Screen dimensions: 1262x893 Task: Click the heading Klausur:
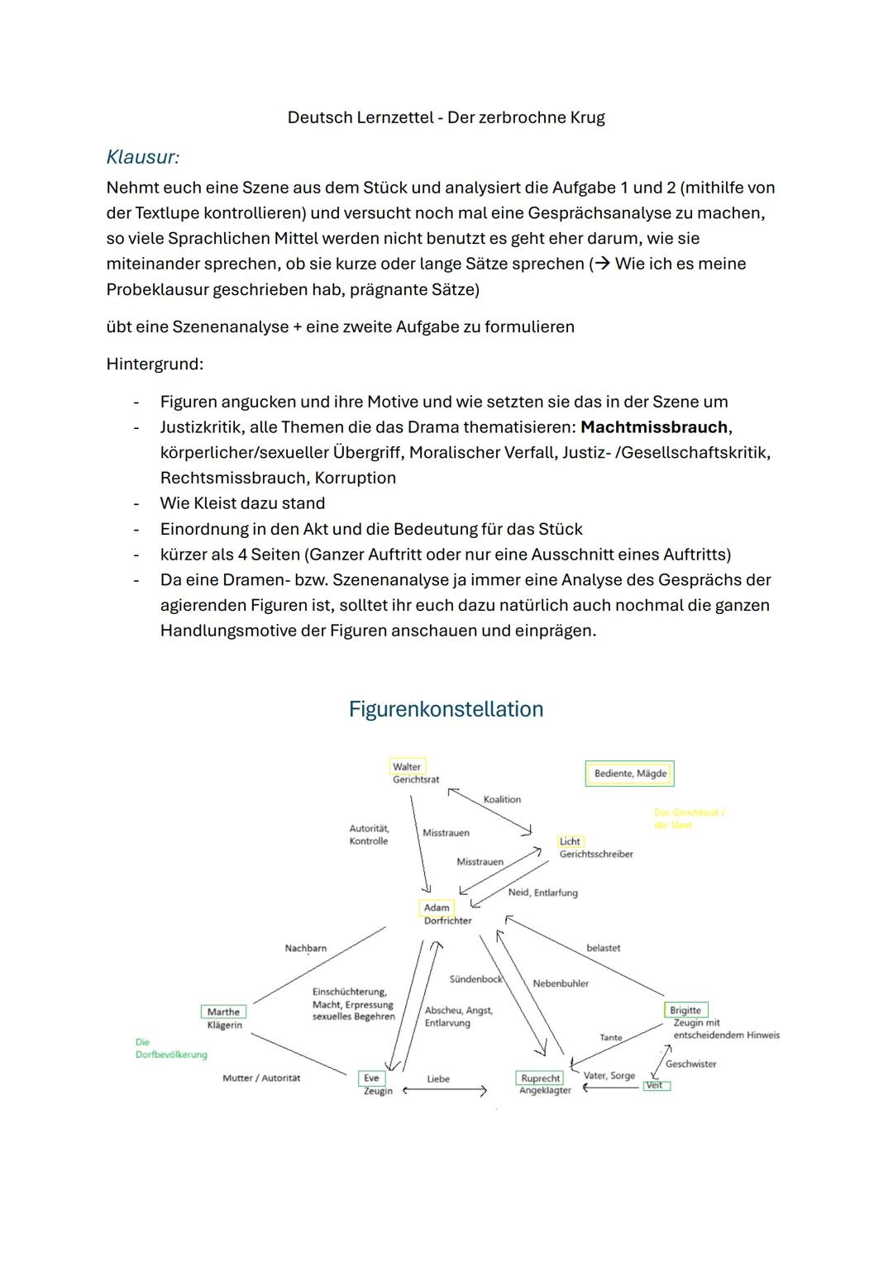[143, 156]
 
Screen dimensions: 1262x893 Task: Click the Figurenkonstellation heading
[446, 709]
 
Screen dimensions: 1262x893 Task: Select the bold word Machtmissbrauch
[654, 427]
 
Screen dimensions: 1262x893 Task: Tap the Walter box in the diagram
[407, 767]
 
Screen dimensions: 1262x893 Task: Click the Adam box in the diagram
[437, 907]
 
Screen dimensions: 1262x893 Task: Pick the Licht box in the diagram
[571, 841]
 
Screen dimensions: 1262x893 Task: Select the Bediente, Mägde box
[630, 774]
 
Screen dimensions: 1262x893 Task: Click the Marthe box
[223, 1012]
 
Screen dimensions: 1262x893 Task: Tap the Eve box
[371, 1078]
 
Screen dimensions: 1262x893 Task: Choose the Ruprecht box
[541, 1078]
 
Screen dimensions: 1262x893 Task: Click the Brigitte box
[685, 1010]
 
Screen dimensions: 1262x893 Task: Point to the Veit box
[655, 1085]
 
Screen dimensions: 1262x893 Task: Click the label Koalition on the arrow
[502, 799]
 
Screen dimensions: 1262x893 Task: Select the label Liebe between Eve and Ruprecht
[438, 1079]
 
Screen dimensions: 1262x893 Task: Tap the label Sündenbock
[475, 979]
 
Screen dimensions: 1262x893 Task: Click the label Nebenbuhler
[561, 983]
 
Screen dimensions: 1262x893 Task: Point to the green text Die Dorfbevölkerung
[170, 1048]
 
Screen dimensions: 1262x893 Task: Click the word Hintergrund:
[155, 364]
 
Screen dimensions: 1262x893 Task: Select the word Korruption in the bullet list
[355, 478]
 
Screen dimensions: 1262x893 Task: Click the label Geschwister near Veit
[690, 1064]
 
